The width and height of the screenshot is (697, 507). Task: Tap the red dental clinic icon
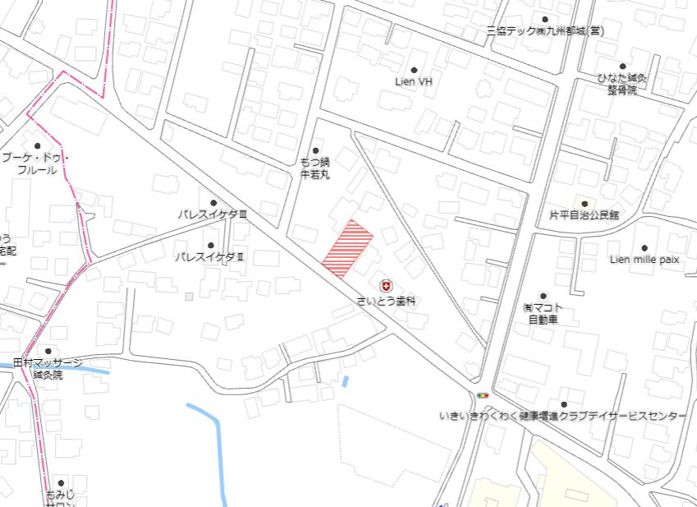click(386, 284)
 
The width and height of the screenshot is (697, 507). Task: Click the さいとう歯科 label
click(386, 302)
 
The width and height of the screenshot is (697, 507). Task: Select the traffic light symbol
click(482, 396)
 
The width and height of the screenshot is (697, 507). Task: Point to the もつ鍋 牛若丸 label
click(314, 168)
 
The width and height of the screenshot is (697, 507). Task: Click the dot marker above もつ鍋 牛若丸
click(315, 150)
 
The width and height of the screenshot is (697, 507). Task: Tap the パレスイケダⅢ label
click(213, 214)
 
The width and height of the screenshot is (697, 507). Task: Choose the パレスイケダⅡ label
click(210, 257)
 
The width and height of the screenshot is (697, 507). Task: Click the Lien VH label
click(414, 82)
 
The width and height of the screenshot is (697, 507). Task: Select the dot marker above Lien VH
click(414, 70)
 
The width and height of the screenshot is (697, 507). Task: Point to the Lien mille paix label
click(644, 260)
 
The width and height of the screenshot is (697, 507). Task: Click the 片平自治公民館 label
click(584, 215)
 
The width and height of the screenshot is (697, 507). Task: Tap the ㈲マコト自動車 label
click(543, 313)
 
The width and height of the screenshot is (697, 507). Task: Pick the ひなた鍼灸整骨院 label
click(622, 84)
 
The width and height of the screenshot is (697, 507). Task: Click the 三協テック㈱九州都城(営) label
click(544, 31)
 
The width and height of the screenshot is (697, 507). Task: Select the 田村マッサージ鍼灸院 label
click(48, 368)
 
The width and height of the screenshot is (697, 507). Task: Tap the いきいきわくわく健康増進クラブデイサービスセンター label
click(563, 417)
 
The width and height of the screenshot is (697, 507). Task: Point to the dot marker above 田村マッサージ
click(48, 351)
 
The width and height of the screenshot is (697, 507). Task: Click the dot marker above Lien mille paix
click(644, 247)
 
